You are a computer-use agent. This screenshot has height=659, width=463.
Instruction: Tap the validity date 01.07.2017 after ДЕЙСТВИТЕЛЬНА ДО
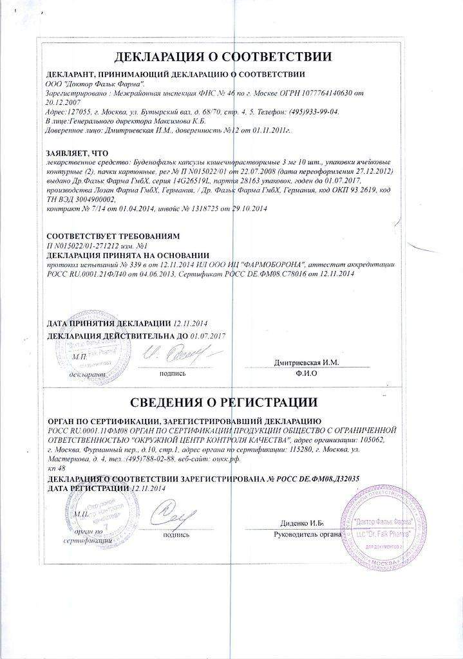pyautogui.click(x=211, y=335)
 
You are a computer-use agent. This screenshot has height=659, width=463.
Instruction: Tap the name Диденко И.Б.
pyautogui.click(x=305, y=523)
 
